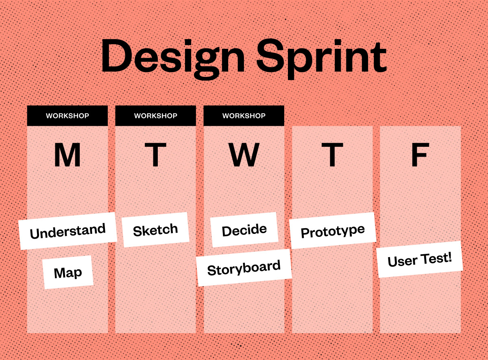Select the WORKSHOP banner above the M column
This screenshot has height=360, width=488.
tap(68, 116)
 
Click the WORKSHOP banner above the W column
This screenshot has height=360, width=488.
tap(244, 116)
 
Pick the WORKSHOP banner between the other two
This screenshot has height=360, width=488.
tap(156, 116)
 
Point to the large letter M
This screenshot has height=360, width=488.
tap(68, 155)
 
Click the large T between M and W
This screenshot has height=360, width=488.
tap(155, 155)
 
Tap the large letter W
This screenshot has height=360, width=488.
tap(244, 155)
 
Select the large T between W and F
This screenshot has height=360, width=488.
tap(332, 155)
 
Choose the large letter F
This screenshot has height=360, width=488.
tap(420, 155)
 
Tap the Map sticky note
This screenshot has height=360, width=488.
tap(68, 273)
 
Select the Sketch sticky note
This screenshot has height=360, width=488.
tap(155, 230)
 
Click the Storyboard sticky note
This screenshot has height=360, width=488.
tap(244, 268)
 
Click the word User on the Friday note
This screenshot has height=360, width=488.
tap(401, 261)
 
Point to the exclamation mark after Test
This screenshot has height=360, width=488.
tap(450, 257)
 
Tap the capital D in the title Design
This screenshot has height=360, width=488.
tap(116, 56)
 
